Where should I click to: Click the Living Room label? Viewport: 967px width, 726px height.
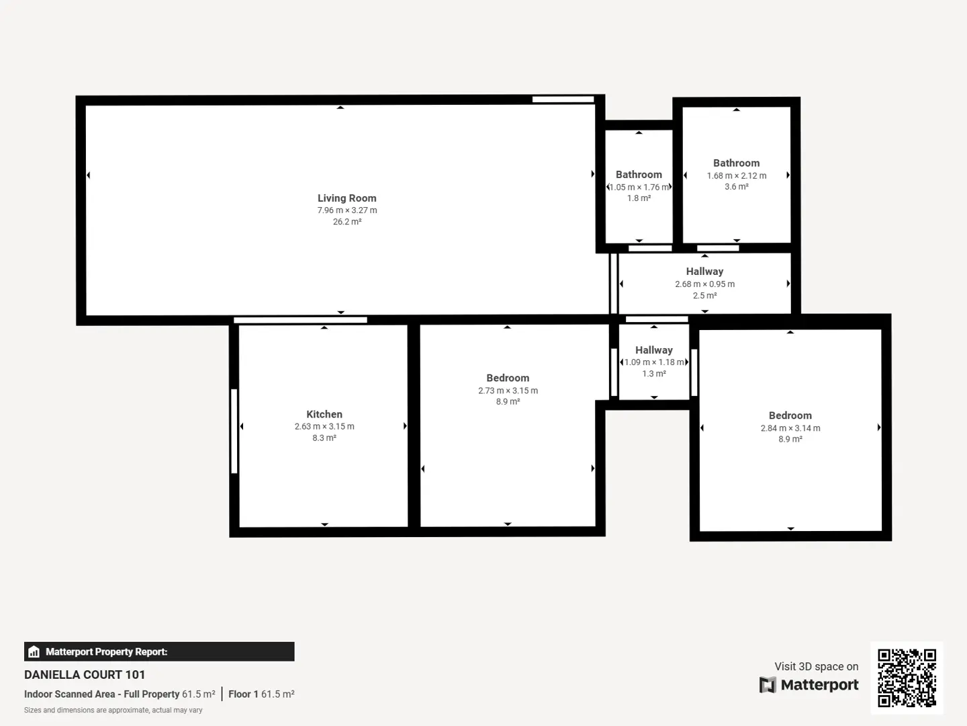tap(347, 198)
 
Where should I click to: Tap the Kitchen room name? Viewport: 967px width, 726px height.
tap(324, 414)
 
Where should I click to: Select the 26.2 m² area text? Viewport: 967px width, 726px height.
tap(347, 222)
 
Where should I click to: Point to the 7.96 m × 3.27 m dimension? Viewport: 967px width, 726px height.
tap(347, 210)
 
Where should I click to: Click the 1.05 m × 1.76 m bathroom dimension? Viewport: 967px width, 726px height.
tap(639, 188)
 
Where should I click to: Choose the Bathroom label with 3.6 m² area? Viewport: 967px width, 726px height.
tap(736, 163)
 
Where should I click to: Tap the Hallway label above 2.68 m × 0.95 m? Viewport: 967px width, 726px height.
tap(704, 272)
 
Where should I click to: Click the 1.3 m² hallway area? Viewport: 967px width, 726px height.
tap(654, 374)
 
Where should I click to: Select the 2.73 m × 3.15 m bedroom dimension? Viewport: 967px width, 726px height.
tap(508, 391)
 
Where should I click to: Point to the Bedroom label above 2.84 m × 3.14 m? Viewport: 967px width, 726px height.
tap(790, 415)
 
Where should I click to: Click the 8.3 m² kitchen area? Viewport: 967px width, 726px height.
tap(324, 438)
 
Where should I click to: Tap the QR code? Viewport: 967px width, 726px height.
tap(907, 678)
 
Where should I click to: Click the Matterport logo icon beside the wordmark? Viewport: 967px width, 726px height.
tap(768, 684)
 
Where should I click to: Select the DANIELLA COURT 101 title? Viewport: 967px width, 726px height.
tap(85, 675)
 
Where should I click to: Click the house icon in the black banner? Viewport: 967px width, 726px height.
tap(34, 651)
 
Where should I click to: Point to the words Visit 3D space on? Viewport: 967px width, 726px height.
tap(817, 666)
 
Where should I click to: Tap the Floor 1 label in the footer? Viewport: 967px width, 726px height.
tap(243, 694)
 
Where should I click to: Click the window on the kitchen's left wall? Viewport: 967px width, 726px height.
tap(234, 431)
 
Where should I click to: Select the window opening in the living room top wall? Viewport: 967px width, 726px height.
tap(563, 99)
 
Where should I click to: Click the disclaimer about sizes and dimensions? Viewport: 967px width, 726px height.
tap(113, 710)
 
